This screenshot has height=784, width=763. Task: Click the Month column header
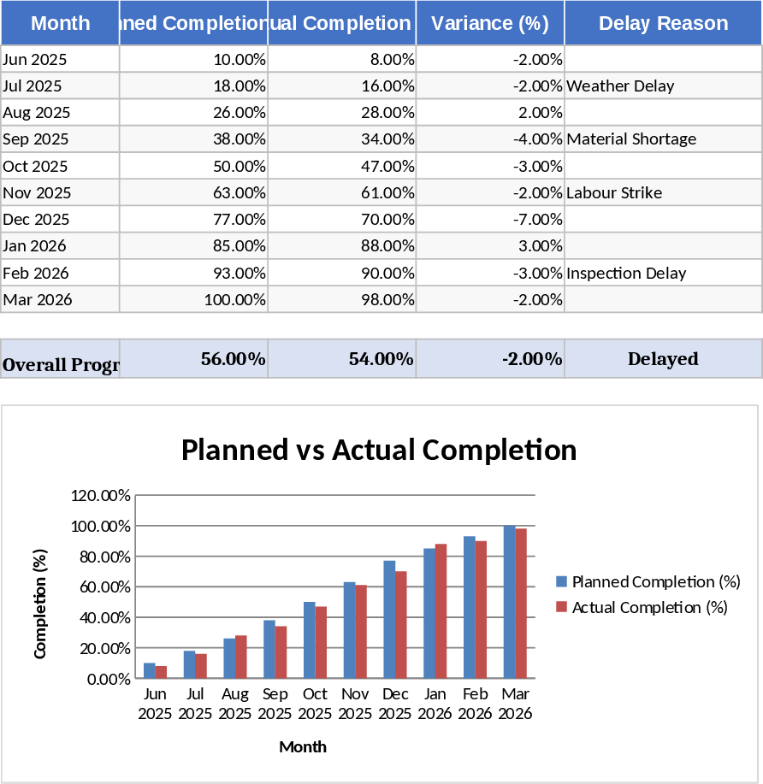tap(60, 23)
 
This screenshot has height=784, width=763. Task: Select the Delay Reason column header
tap(663, 23)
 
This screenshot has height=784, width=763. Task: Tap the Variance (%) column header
tap(489, 23)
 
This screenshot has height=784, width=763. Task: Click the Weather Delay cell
tap(620, 85)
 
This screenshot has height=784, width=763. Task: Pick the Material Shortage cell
tap(631, 139)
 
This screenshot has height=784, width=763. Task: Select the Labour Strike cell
tap(614, 192)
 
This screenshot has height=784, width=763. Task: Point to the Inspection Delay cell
tap(626, 273)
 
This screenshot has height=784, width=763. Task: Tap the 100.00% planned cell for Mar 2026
tap(234, 299)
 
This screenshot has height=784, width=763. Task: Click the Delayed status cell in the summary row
tap(663, 359)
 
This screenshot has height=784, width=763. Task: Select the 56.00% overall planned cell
tap(233, 359)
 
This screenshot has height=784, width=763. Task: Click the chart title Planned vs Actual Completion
tap(379, 450)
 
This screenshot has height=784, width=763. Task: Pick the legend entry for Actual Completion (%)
tap(648, 607)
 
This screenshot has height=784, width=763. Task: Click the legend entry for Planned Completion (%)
tap(655, 581)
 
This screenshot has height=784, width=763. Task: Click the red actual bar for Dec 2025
tap(401, 625)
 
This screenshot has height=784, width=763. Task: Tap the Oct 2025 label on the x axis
tap(315, 704)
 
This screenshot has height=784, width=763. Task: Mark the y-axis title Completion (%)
tap(40, 604)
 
